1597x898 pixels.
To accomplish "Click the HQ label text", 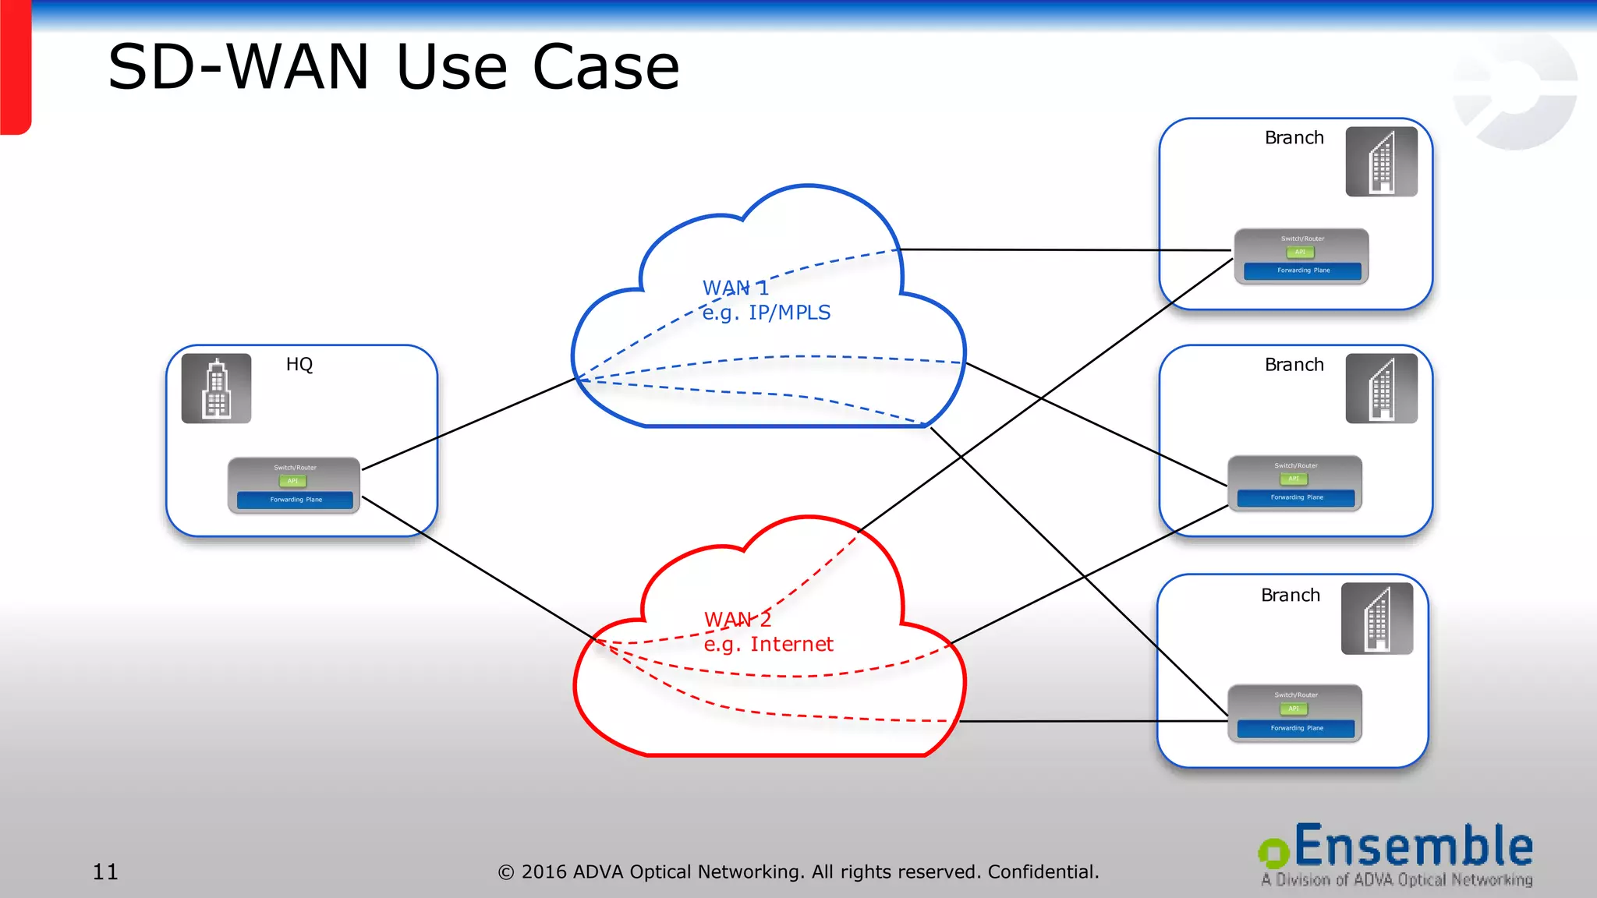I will [299, 364].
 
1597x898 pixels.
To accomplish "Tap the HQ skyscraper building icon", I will [216, 388].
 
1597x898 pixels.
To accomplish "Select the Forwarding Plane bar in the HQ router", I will [295, 500].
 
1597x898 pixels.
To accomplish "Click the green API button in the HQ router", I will [292, 481].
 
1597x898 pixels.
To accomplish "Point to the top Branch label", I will [1294, 138].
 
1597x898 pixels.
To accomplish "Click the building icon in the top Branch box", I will [1380, 161].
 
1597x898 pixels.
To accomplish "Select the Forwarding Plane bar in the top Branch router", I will [1302, 270].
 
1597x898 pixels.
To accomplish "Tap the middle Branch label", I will [1294, 365].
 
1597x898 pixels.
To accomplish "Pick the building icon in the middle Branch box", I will [1380, 388].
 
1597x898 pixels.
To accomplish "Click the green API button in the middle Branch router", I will [1294, 479].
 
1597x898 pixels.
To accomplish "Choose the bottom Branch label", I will [1290, 596].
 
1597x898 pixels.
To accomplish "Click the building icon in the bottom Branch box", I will [1376, 618].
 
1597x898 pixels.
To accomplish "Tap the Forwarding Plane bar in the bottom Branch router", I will [1296, 728].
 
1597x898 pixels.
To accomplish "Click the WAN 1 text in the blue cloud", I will [735, 288].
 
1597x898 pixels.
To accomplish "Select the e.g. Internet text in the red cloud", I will [768, 645].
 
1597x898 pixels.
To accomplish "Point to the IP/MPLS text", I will [789, 313].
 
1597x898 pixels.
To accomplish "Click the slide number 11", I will [105, 871].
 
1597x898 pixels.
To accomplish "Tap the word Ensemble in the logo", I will [1413, 847].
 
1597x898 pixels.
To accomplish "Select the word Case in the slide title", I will [605, 67].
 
